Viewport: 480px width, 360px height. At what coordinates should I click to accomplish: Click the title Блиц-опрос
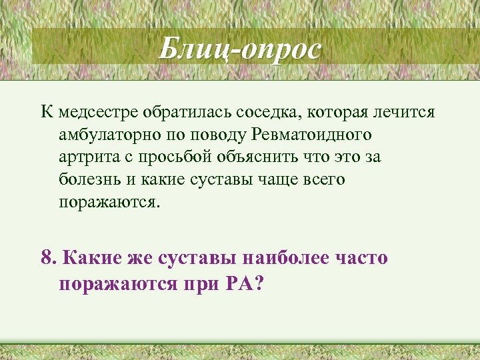pyautogui.click(x=240, y=49)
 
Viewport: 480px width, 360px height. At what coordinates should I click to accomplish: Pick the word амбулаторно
pyautogui.click(x=107, y=135)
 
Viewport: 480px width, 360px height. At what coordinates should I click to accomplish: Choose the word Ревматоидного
pyautogui.click(x=312, y=135)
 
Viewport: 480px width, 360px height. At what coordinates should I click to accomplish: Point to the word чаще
pyautogui.click(x=274, y=181)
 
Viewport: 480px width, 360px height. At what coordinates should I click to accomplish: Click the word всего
pyautogui.click(x=325, y=181)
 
